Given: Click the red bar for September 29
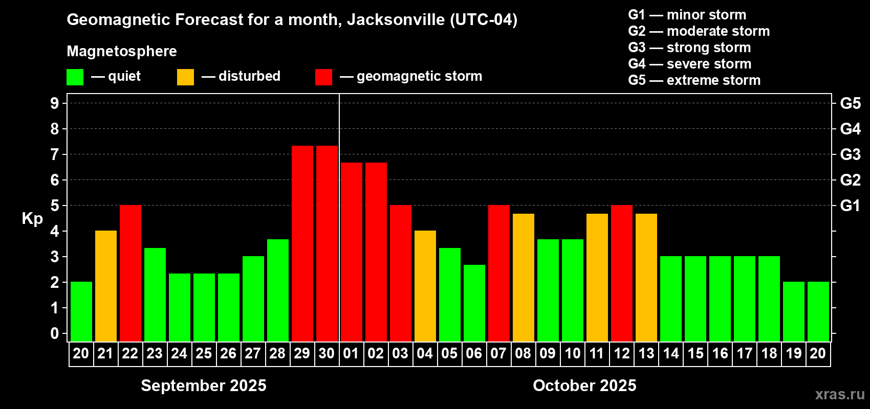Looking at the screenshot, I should tap(302, 243).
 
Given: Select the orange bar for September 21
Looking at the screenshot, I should tap(105, 286).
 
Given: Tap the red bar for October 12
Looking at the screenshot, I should tap(621, 273).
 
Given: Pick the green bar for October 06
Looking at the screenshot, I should tap(474, 303).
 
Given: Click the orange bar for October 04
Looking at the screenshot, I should tap(425, 286).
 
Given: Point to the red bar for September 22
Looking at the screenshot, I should tap(130, 273).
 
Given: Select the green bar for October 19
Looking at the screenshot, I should tap(793, 311).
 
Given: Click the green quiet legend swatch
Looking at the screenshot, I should tap(75, 77).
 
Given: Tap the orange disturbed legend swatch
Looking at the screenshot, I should tap(185, 77).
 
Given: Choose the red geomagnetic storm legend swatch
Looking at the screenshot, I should tap(323, 77).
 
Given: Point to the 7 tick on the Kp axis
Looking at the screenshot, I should tap(55, 154).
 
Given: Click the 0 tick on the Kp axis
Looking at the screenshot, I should tap(55, 334).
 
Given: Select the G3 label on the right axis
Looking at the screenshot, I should tap(850, 154).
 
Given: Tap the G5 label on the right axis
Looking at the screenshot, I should tap(850, 103).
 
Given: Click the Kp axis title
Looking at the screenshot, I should tap(32, 219).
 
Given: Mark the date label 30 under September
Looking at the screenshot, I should tap(327, 354).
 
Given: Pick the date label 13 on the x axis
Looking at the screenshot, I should tap(646, 354).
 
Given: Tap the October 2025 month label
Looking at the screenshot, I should tap(584, 385).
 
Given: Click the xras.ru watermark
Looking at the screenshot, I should tap(840, 394).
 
